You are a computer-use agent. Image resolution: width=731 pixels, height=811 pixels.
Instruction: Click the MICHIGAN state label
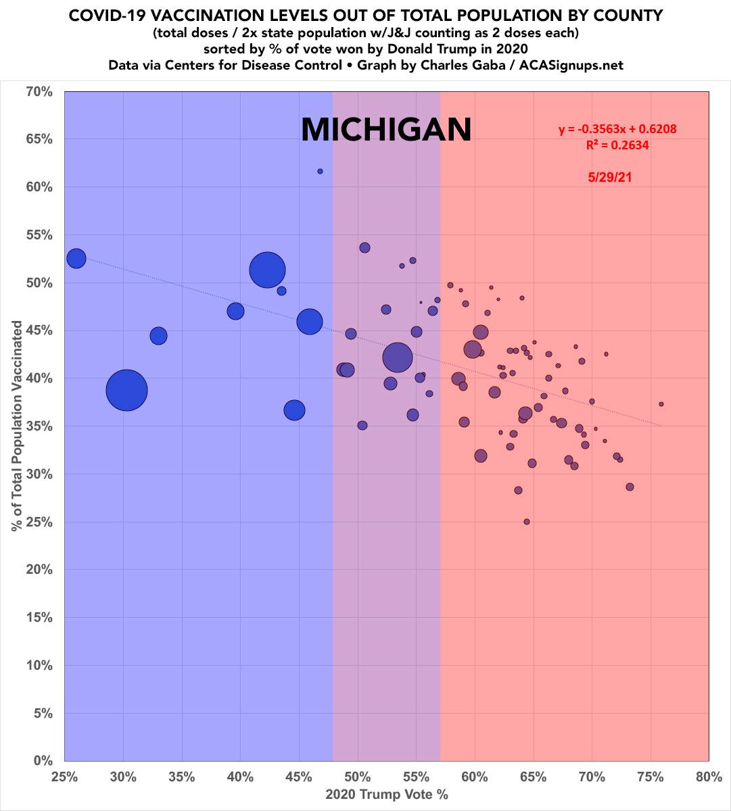tap(385, 129)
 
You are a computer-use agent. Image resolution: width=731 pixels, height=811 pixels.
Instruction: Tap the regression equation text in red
tap(617, 129)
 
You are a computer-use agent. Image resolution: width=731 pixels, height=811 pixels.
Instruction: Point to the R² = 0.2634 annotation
tap(617, 145)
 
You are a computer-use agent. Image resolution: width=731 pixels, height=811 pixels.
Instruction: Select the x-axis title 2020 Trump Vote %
tap(387, 795)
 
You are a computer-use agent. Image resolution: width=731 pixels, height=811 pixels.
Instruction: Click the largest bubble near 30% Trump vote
tap(126, 390)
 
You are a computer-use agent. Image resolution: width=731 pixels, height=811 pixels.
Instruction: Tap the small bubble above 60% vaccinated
tap(320, 171)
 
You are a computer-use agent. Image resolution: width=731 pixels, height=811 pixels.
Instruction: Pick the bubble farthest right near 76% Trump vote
tap(661, 404)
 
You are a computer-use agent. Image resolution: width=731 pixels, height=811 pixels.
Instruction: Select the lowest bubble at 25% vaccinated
tap(527, 522)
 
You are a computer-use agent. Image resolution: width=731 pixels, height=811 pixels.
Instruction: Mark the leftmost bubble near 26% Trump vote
tap(76, 258)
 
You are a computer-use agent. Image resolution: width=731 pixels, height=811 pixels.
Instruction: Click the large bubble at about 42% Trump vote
tap(267, 270)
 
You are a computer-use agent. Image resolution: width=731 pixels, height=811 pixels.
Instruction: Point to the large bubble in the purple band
tap(398, 358)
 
